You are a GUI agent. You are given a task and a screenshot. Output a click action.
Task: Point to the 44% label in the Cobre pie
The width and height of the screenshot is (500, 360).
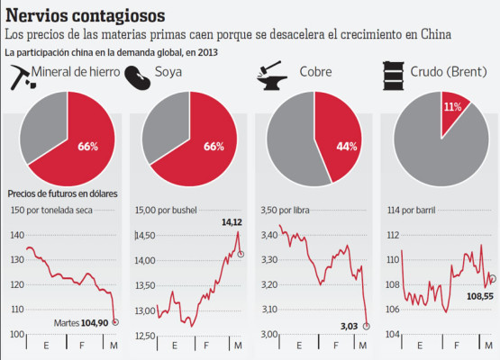tap(347, 146)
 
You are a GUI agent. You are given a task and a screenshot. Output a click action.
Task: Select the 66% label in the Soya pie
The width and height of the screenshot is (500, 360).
tap(213, 146)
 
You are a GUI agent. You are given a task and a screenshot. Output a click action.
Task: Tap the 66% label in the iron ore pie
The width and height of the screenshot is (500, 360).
tap(88, 146)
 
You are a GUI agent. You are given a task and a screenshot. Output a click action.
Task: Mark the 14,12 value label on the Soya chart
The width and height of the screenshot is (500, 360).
tap(232, 221)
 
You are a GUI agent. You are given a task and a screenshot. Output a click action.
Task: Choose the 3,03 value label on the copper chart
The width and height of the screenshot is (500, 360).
tap(349, 325)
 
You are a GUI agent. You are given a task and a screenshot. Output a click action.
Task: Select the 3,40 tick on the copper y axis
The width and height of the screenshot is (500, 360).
tap(270, 235)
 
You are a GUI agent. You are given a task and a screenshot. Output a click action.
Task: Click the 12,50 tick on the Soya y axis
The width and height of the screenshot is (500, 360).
tap(145, 335)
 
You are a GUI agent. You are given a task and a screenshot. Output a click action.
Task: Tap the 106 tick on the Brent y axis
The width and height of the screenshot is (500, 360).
tap(393, 310)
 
